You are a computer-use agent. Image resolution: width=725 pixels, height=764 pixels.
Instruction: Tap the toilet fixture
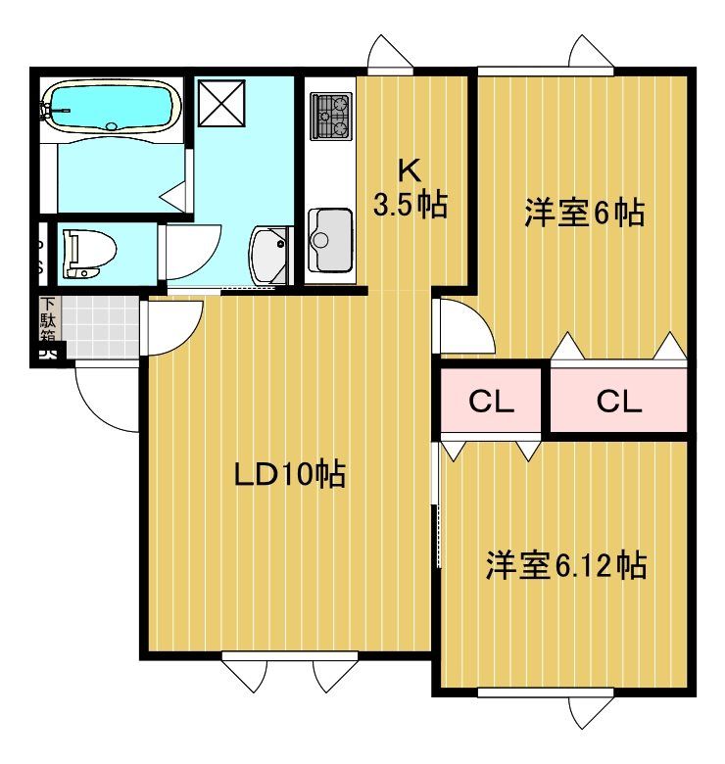[x=84, y=253]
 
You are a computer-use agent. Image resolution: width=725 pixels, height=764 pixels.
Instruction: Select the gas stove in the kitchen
[x=331, y=116]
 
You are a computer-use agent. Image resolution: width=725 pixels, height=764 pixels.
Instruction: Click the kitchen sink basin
[x=330, y=238]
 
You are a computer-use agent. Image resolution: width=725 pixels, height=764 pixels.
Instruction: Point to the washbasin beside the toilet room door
[x=269, y=256]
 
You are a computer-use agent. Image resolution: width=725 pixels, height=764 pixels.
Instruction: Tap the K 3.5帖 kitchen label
[x=410, y=188]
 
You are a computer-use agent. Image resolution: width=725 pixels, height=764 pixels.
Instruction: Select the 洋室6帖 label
[x=584, y=213]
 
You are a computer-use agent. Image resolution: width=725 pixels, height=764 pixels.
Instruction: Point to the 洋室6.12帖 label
[x=565, y=565]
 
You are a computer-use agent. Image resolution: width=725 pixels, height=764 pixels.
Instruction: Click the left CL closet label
[x=490, y=401]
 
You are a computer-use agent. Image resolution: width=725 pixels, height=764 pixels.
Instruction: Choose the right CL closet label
[x=618, y=401]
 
